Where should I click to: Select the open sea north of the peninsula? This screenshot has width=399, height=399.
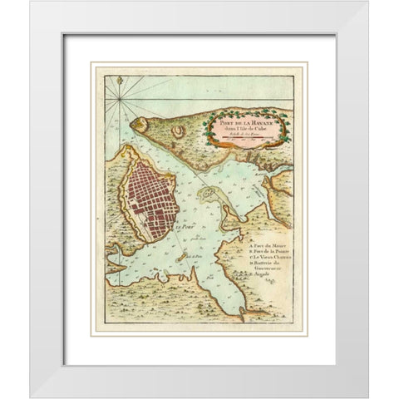click(191, 91)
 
